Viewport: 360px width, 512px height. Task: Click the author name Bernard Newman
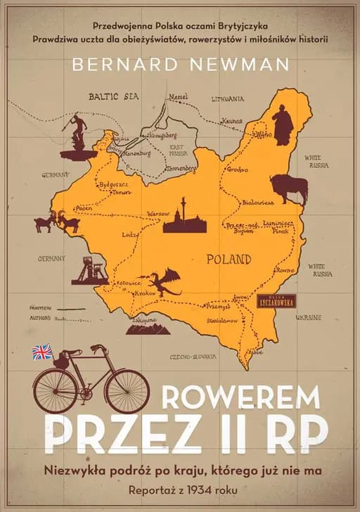coord(179,65)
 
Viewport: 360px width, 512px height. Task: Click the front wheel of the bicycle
coord(127,390)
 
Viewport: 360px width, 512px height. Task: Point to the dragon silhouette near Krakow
coord(162,283)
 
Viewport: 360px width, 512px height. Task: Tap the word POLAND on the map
coord(229,259)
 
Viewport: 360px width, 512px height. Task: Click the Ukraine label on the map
coord(308,317)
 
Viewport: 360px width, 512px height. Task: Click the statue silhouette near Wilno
coord(283,125)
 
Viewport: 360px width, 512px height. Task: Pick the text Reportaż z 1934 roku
coord(179,487)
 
